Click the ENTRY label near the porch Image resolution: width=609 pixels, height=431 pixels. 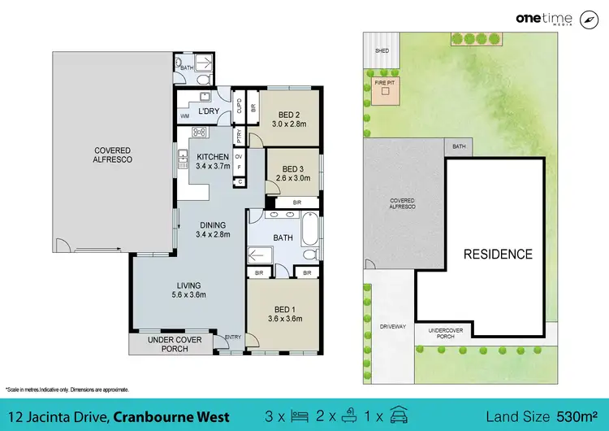click(233, 337)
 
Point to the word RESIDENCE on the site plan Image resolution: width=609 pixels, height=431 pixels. click(498, 255)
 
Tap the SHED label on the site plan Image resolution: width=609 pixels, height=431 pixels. click(382, 50)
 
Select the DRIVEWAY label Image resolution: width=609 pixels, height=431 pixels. click(391, 326)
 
